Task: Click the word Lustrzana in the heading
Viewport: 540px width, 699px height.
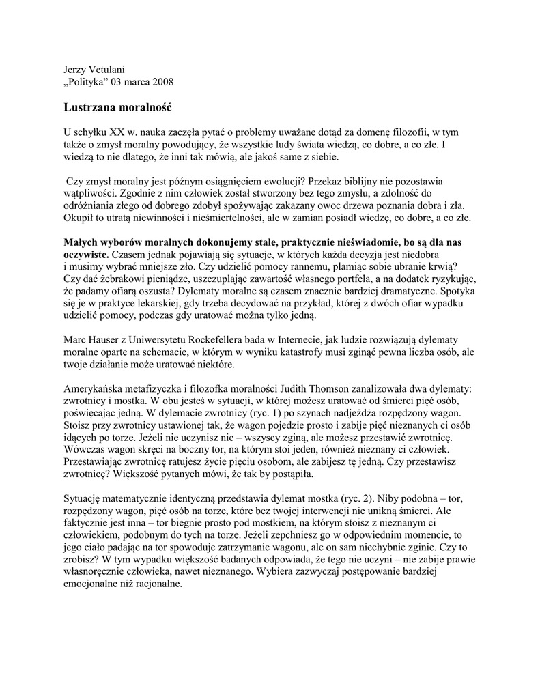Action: click(x=90, y=107)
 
